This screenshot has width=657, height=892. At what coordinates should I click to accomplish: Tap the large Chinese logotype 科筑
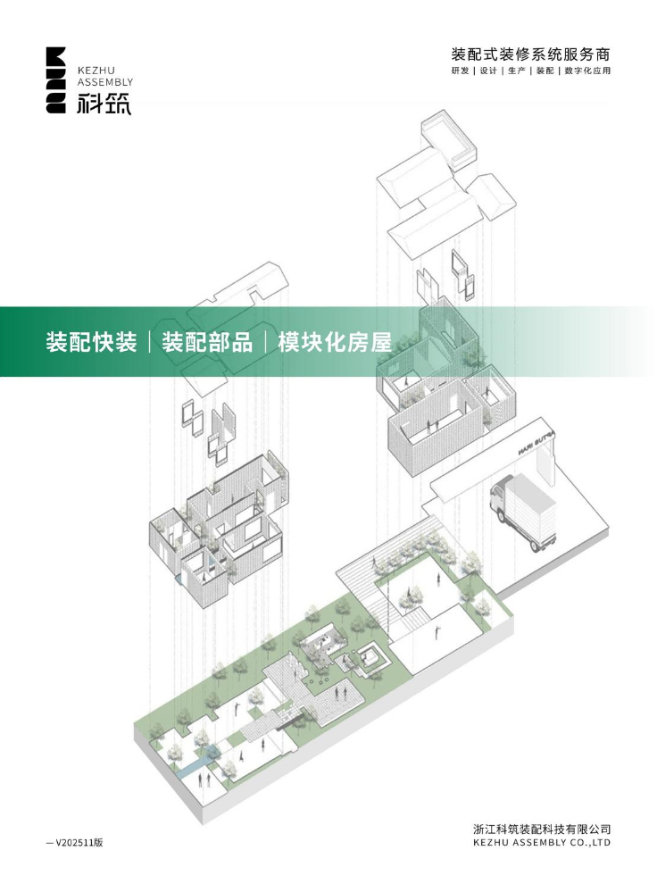coord(104,104)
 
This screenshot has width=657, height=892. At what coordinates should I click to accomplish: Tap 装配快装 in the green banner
coord(92,342)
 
